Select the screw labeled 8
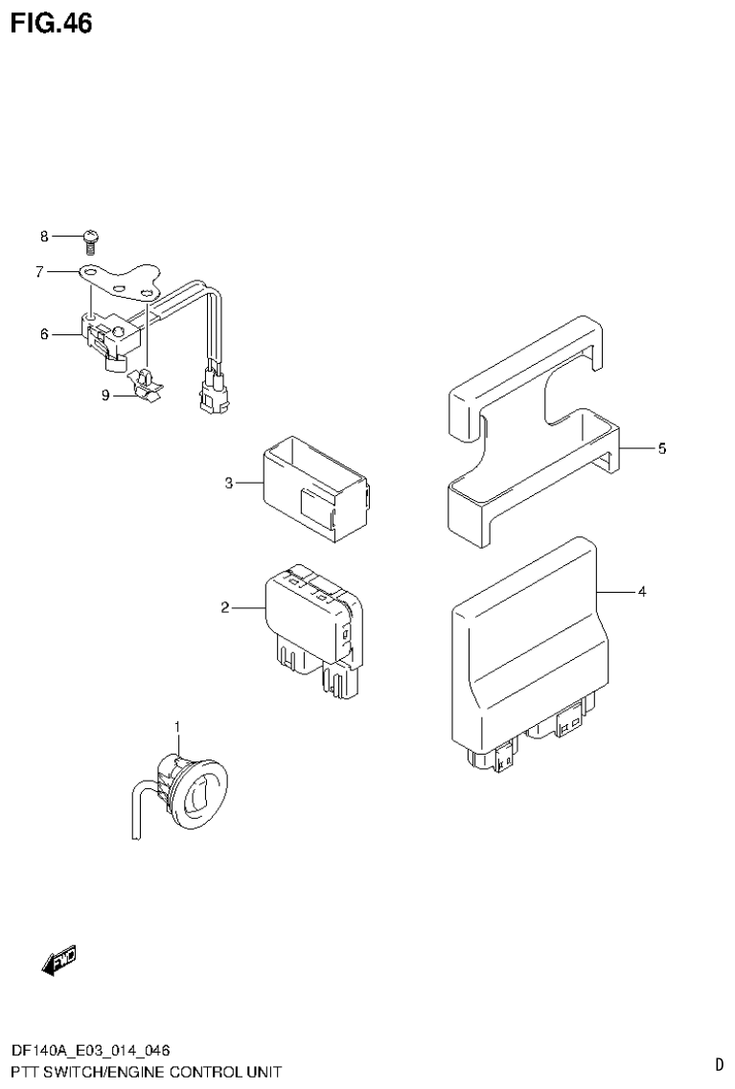[92, 237]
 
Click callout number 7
[40, 272]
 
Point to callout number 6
[44, 334]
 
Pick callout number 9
[106, 395]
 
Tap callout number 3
[229, 483]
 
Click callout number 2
[224, 607]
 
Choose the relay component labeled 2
[311, 618]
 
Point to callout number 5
[661, 448]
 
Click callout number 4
[642, 592]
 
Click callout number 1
[177, 729]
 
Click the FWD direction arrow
[59, 959]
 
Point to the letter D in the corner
[719, 1063]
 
